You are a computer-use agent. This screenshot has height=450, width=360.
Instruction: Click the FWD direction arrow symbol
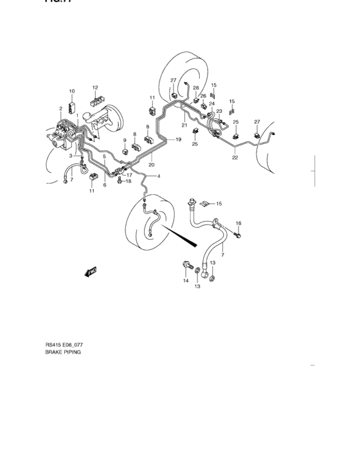91,271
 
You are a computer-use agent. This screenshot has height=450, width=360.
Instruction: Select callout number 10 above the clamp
72,91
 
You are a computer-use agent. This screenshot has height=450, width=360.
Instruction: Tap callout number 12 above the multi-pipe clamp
95,87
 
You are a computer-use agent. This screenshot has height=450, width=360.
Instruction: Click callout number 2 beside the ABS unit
61,109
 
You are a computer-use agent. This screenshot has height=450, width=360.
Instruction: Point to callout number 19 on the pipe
179,139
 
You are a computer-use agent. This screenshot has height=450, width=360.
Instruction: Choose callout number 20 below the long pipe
152,165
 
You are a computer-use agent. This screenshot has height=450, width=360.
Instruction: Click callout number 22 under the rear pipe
235,157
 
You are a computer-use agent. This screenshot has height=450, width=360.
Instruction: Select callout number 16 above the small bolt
238,223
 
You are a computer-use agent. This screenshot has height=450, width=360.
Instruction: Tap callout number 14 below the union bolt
184,281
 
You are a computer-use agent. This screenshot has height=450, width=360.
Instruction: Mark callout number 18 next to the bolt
128,182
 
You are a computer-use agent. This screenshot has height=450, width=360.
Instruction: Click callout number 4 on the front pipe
158,176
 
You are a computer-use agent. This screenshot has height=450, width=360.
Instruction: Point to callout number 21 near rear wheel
184,125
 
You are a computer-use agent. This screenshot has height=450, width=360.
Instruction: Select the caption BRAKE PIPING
63,353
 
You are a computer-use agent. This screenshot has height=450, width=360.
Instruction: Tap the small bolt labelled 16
240,237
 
